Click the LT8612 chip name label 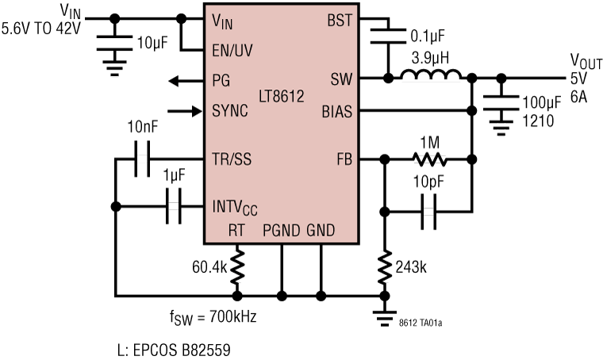point(282,96)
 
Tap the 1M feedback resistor point(429,159)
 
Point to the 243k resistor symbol point(385,269)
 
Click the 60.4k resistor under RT point(236,268)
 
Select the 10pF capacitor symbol point(428,211)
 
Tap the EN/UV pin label point(233,49)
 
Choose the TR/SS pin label point(232,159)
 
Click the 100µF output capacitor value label point(542,103)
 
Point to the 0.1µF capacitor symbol point(389,35)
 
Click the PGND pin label point(282,231)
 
